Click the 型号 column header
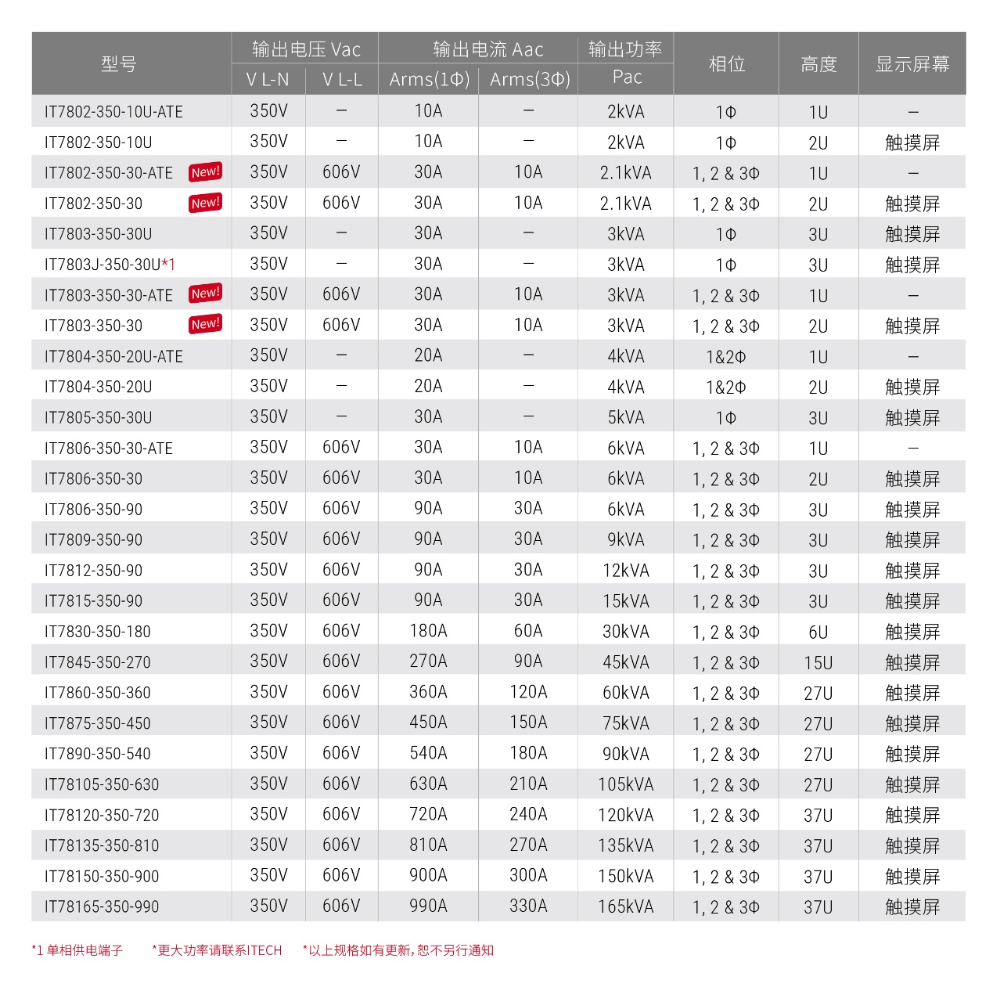click(x=119, y=63)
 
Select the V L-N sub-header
click(x=268, y=79)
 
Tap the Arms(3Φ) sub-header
click(x=530, y=79)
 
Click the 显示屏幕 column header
click(x=912, y=63)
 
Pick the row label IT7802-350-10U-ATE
click(x=113, y=112)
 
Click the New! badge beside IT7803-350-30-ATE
click(x=206, y=294)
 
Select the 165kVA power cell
click(x=626, y=906)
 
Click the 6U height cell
click(x=819, y=632)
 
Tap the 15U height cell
click(x=819, y=662)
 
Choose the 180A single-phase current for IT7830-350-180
click(x=428, y=631)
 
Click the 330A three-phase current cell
click(x=528, y=906)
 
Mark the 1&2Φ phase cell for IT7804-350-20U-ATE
click(x=726, y=357)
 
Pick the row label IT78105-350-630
click(x=102, y=784)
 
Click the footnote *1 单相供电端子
click(x=77, y=950)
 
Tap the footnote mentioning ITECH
click(x=217, y=950)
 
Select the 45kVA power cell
click(x=626, y=662)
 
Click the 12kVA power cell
click(x=626, y=571)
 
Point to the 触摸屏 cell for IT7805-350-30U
click(x=912, y=418)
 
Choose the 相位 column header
click(x=726, y=63)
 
